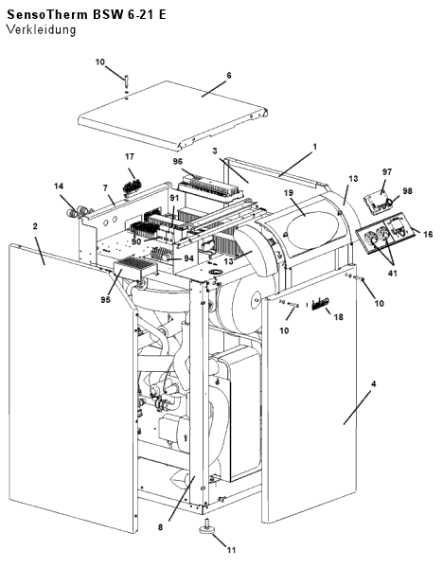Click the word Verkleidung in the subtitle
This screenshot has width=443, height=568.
pos(42,29)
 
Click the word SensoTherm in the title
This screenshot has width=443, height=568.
pos(47,14)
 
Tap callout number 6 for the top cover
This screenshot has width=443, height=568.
pos(228,76)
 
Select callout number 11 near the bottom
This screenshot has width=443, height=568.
pos(231,550)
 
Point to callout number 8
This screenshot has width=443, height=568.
pos(161,527)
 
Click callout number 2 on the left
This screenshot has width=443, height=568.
pos(35,226)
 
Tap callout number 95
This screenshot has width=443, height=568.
pos(105,300)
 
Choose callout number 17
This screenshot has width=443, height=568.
pos(130,156)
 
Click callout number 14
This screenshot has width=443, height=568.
pos(59,186)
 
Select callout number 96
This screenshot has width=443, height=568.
pos(178,161)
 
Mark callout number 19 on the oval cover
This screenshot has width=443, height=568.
pos(289,192)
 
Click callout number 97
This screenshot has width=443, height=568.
pos(387,171)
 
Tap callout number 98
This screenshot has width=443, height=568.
pos(407,190)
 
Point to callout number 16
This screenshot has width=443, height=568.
pos(428,235)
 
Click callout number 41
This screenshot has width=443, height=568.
pos(392,274)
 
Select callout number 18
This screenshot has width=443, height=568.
pos(338,317)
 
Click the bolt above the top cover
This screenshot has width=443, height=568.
pos(126,80)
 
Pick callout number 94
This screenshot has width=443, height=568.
pos(188,258)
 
